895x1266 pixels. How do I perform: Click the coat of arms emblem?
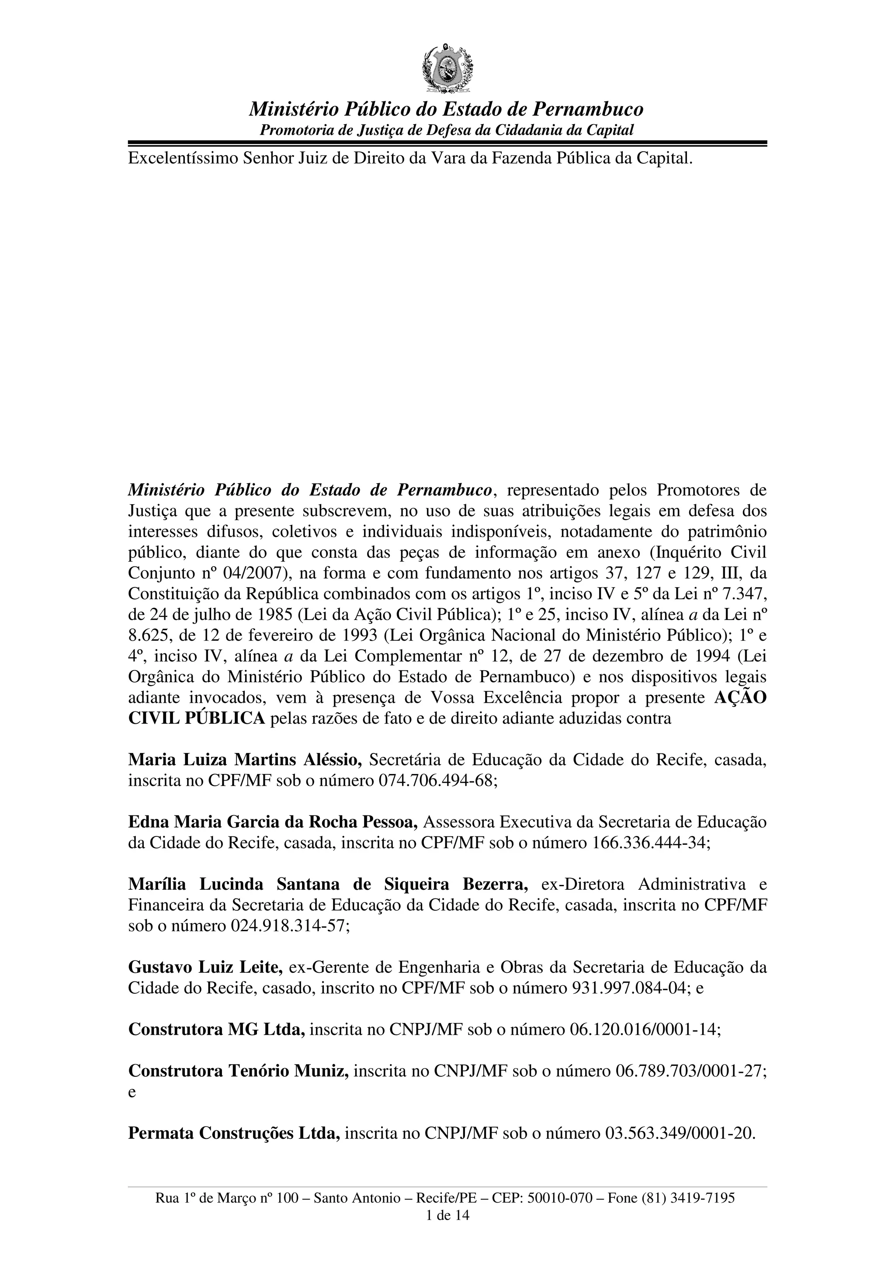447,68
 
